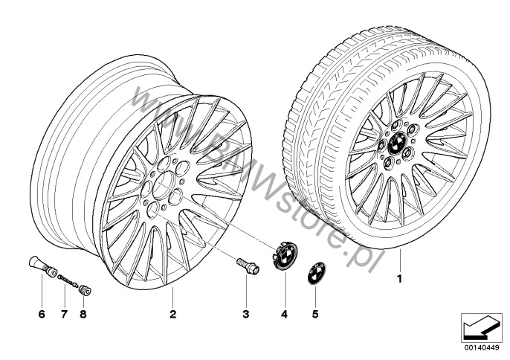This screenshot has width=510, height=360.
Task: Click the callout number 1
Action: pos(399,279)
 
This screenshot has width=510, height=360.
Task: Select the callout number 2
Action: pos(172,314)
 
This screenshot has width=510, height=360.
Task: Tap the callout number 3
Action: pos(246,314)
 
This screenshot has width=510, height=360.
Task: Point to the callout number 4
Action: pos(285,314)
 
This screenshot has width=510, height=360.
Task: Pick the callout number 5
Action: pos(315,314)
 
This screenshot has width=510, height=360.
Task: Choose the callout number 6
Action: pos(42,314)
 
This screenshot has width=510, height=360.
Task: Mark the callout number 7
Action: pos(64,314)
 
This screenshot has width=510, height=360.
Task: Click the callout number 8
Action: pos(83,314)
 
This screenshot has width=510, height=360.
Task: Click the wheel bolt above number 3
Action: pos(248,266)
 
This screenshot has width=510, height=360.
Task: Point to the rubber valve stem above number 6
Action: pos(43,267)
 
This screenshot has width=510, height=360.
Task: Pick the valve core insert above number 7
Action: pos(68,281)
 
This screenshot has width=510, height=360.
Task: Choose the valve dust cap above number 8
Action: pos(85,290)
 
